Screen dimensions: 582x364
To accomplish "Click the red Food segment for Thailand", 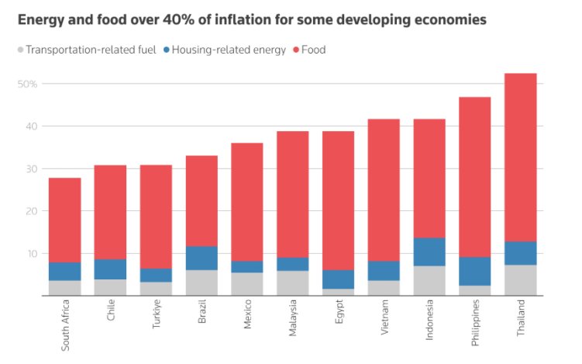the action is pyautogui.click(x=520, y=158).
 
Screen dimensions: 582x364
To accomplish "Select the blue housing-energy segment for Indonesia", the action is pyautogui.click(x=429, y=251).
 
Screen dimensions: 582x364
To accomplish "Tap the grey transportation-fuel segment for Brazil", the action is pyautogui.click(x=201, y=283).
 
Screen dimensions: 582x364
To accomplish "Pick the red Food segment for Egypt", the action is pyautogui.click(x=338, y=200).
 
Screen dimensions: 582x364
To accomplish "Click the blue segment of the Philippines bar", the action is pyautogui.click(x=475, y=271).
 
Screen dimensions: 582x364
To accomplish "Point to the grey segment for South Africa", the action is pyautogui.click(x=64, y=288).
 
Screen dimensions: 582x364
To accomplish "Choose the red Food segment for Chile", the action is pyautogui.click(x=110, y=213).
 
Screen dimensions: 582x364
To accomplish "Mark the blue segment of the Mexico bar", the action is pyautogui.click(x=247, y=267).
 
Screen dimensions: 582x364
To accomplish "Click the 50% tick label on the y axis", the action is pyautogui.click(x=27, y=84).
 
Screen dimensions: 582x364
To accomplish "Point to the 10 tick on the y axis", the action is pyautogui.click(x=32, y=254).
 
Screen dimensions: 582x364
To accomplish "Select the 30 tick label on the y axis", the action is pyautogui.click(x=32, y=168).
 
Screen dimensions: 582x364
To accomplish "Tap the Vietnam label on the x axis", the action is pyautogui.click(x=384, y=317).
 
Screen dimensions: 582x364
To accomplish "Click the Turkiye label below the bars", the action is pyautogui.click(x=157, y=314).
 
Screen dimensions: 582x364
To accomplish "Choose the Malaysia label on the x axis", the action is pyautogui.click(x=293, y=318).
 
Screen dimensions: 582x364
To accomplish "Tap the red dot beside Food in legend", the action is pyautogui.click(x=296, y=50).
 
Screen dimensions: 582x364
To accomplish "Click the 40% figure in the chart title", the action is pyautogui.click(x=178, y=19).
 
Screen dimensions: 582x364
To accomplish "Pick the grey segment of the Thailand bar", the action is pyautogui.click(x=520, y=280).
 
